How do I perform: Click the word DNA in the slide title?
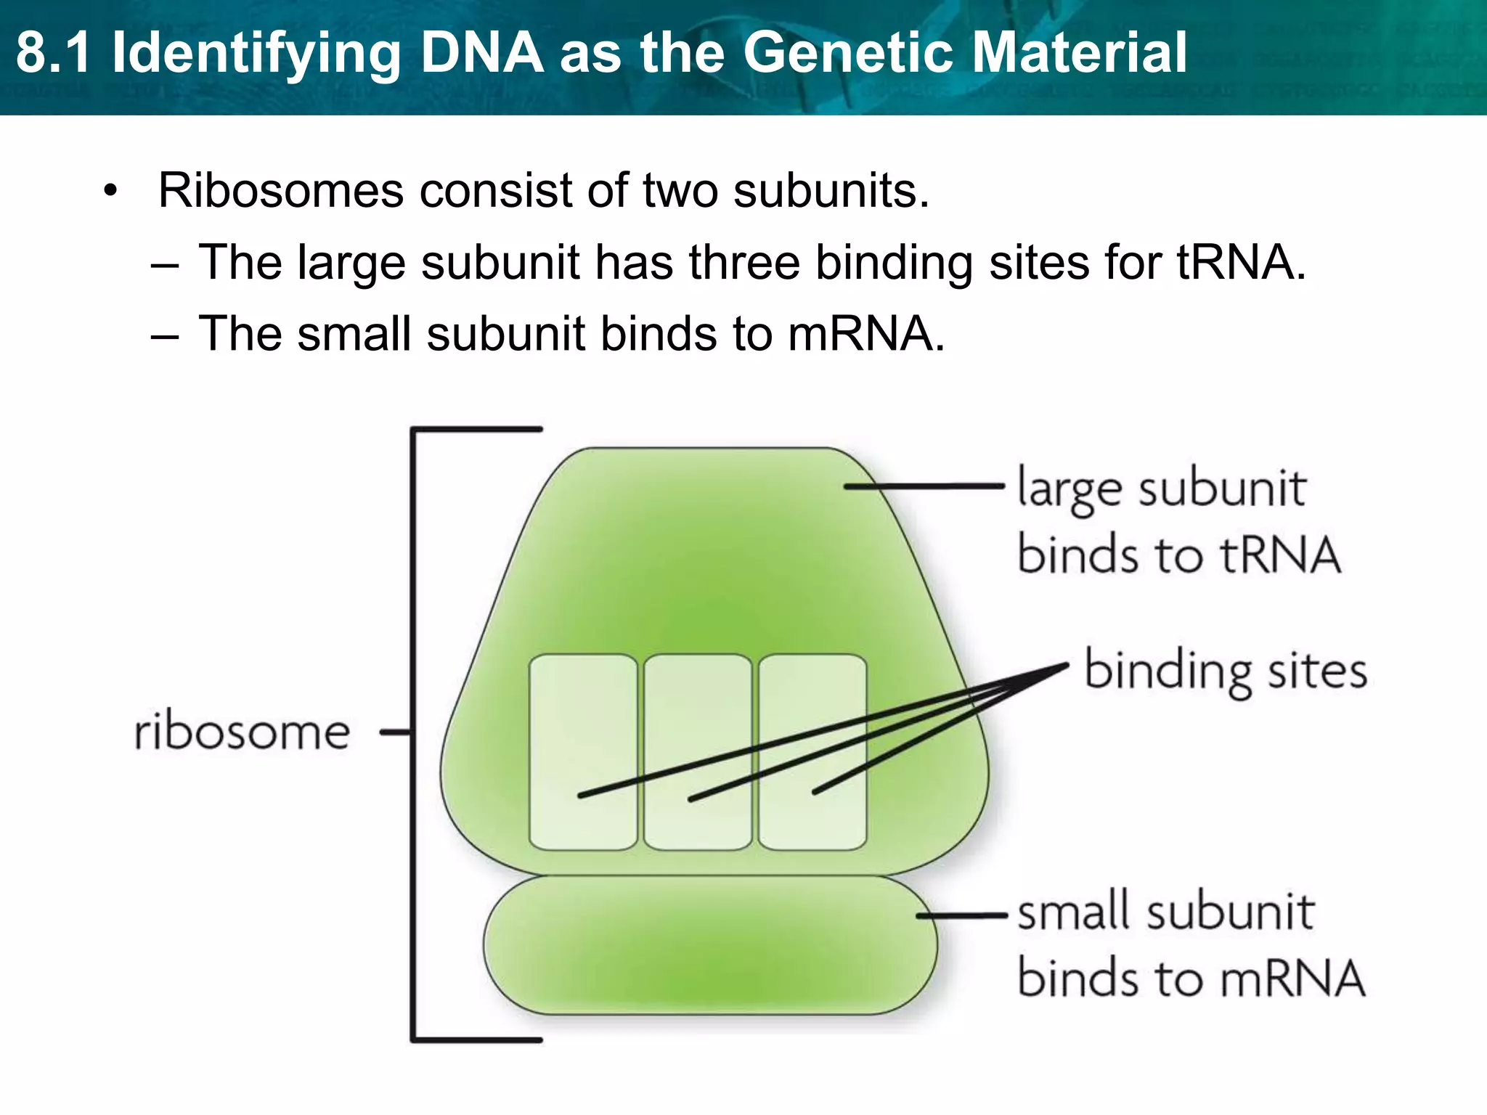[x=482, y=52]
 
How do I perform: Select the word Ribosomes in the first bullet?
[x=280, y=191]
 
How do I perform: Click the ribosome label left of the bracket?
[x=243, y=732]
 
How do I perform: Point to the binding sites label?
[x=1226, y=671]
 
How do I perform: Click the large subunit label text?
[x=1162, y=488]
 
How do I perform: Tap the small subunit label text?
[x=1165, y=912]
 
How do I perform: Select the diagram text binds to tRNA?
[x=1178, y=555]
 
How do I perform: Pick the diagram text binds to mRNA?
[x=1191, y=979]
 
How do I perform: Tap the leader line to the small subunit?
[x=962, y=916]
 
